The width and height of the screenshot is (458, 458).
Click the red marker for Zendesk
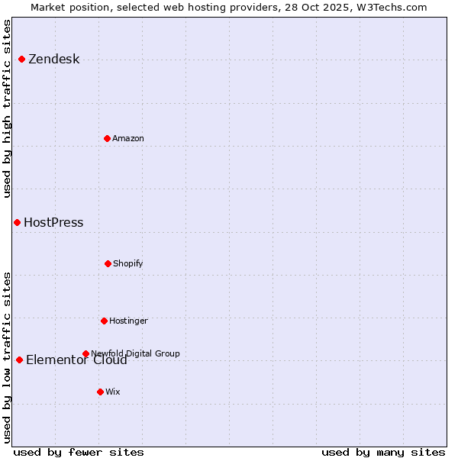[21, 59]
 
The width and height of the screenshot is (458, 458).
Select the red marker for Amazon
[107, 138]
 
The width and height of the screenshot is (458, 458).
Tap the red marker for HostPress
[17, 222]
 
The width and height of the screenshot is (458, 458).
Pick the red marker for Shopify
[108, 263]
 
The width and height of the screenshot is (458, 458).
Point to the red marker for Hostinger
[104, 321]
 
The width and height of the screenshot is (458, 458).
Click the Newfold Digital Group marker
[85, 353]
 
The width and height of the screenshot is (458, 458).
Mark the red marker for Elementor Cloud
[19, 360]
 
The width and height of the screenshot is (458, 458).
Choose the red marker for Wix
[100, 392]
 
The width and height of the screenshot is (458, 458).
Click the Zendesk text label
[53, 60]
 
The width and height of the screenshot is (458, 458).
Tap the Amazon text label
[128, 139]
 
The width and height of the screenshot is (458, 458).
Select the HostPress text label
[53, 223]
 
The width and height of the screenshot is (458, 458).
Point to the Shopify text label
[128, 264]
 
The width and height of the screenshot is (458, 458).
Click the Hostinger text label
[128, 321]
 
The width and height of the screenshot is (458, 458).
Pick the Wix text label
[113, 392]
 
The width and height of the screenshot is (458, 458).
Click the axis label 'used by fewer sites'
[78, 452]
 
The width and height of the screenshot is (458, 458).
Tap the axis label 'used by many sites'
[383, 452]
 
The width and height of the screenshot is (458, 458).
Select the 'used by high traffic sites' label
[8, 108]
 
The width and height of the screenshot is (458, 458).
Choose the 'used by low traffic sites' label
[8, 357]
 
